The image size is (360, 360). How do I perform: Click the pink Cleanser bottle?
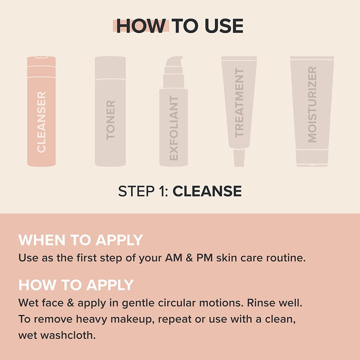[x=41, y=112]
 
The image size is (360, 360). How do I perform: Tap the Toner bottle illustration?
[x=110, y=112]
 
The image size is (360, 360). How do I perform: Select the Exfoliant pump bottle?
[x=173, y=125]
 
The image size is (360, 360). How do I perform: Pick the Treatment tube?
[x=239, y=105]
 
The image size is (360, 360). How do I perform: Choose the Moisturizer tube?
[x=312, y=105]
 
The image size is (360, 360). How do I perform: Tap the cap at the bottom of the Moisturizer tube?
[x=312, y=158]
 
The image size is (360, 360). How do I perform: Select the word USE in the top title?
[x=223, y=26]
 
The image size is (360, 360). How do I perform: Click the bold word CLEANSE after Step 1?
[x=207, y=191]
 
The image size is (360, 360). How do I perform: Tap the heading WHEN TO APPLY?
[x=80, y=240]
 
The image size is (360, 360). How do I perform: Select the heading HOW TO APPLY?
[x=76, y=285]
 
